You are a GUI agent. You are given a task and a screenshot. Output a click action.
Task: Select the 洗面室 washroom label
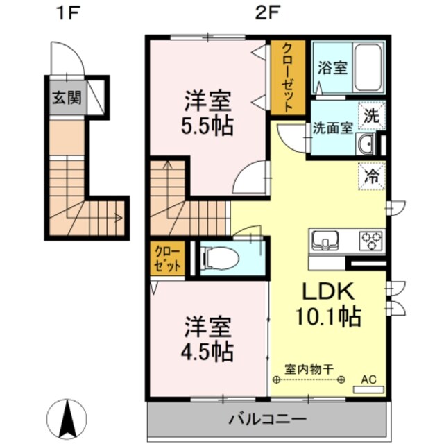click(x=332, y=128)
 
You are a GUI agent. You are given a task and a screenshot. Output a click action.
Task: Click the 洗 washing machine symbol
click(x=372, y=115)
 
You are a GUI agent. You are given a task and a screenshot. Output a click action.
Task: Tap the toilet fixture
click(x=221, y=259)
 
